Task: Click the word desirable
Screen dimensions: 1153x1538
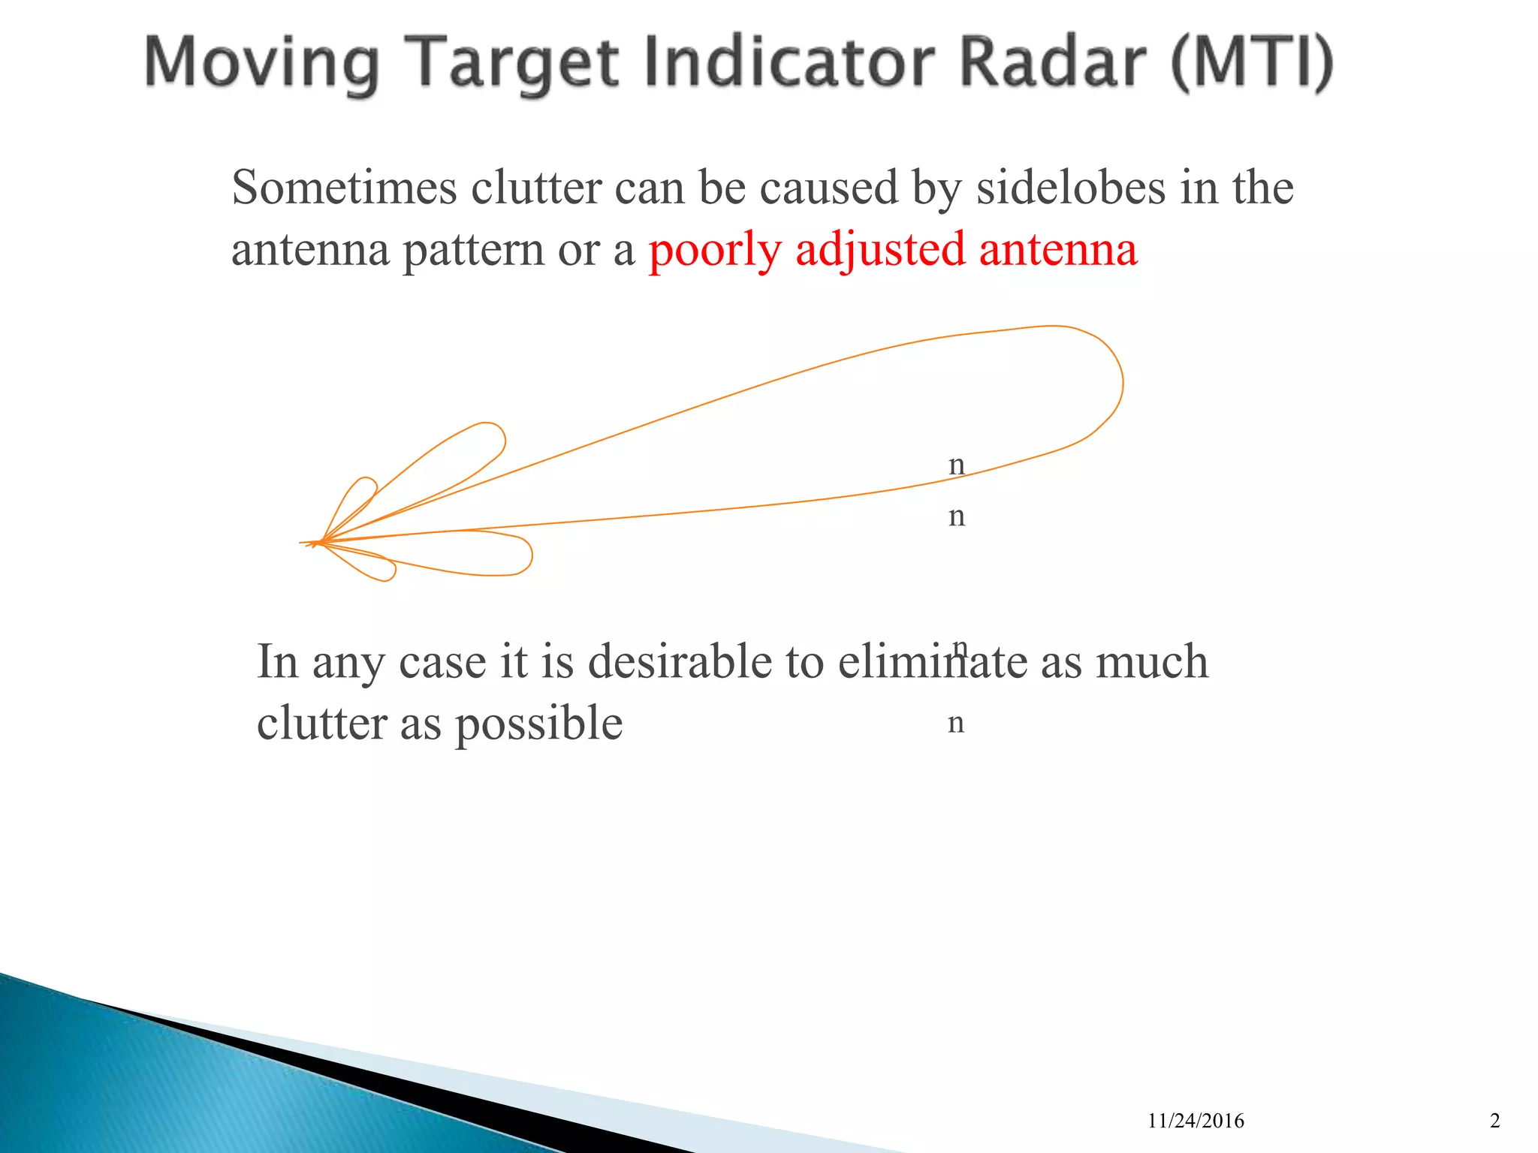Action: (x=680, y=662)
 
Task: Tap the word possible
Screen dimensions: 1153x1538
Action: (x=538, y=724)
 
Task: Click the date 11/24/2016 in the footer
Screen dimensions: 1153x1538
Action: (x=1196, y=1121)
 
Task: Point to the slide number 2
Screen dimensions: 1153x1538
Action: (x=1494, y=1121)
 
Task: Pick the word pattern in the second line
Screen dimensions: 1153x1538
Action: (x=473, y=251)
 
